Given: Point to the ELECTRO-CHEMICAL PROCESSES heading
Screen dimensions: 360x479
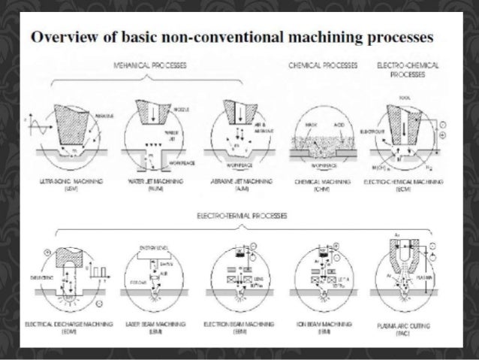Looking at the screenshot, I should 397,71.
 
